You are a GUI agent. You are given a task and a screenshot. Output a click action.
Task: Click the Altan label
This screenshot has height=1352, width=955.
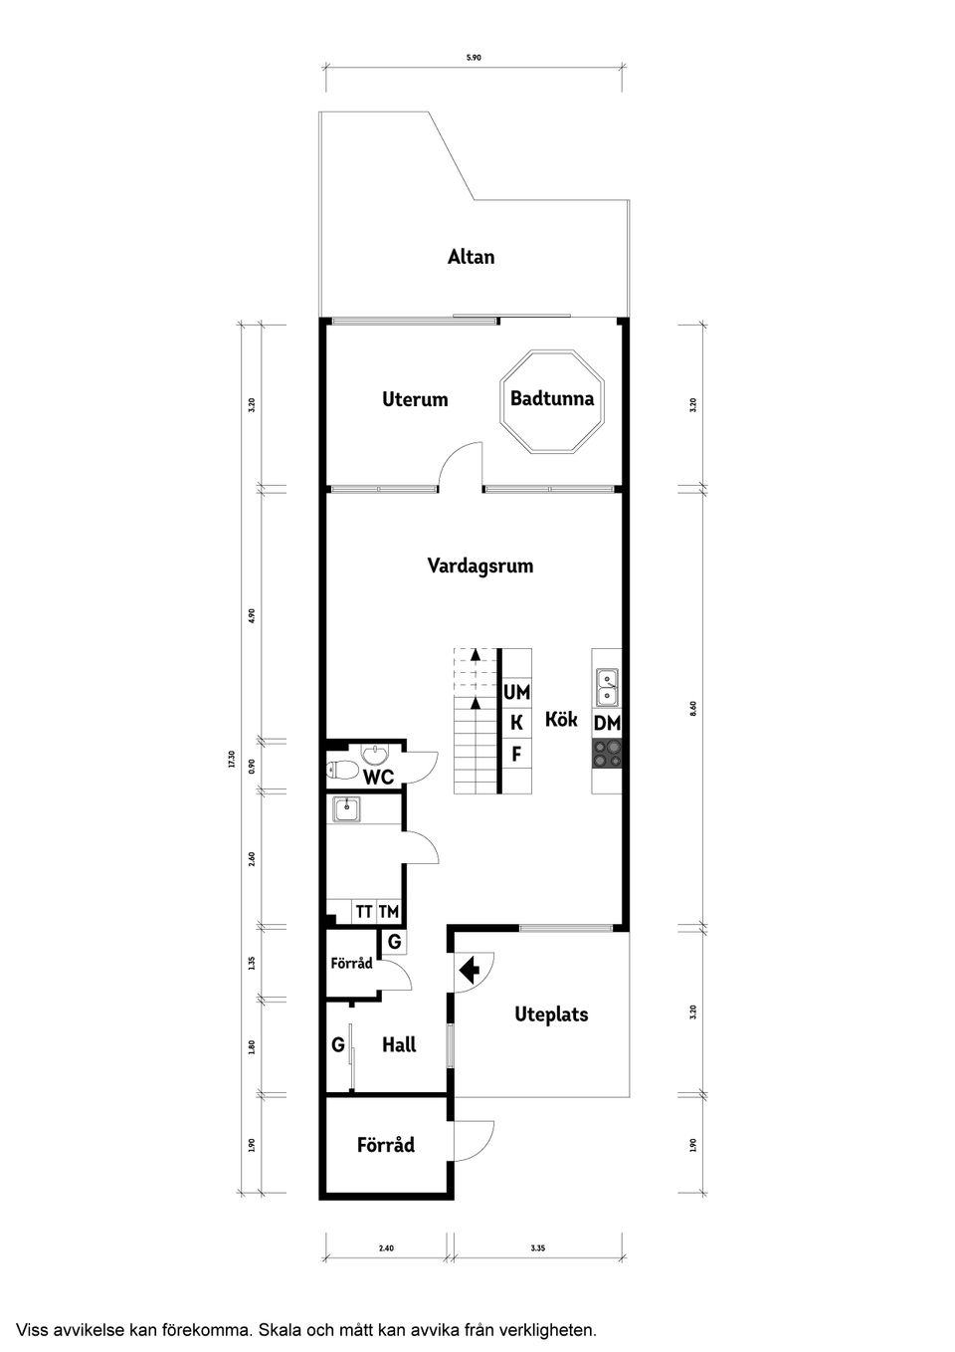point(471,257)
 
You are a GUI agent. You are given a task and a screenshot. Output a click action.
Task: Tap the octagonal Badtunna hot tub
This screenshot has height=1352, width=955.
point(551,401)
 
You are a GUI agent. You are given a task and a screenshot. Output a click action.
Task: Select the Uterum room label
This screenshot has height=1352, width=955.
point(415,399)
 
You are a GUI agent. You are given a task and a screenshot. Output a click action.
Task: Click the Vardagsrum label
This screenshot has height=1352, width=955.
point(479,565)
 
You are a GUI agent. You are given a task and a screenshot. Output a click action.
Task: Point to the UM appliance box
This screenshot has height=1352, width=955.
point(516,692)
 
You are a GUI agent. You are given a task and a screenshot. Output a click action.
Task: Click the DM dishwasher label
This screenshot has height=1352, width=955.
point(607,724)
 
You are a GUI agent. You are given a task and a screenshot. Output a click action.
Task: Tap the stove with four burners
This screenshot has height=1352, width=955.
point(607,754)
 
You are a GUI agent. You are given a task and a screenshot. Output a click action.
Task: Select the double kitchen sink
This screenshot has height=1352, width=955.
point(607,687)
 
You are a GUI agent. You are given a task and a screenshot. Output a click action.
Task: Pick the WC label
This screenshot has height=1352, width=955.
point(378,777)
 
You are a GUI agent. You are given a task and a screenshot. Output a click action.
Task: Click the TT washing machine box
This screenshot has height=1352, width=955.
point(364,911)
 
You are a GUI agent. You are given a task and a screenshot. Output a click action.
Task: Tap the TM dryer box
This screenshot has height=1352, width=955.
point(388,911)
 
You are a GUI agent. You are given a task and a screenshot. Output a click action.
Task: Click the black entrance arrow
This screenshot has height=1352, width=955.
point(469,968)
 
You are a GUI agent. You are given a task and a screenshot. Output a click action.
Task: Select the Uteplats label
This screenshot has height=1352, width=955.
point(551,1014)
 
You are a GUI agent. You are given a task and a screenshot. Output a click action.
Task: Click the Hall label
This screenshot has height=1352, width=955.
point(399,1045)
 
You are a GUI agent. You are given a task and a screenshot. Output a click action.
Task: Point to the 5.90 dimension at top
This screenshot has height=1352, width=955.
point(474,58)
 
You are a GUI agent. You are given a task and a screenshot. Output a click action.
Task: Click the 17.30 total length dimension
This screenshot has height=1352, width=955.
point(231,761)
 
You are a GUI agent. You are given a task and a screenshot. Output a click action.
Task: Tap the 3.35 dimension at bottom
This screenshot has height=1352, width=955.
point(538,1246)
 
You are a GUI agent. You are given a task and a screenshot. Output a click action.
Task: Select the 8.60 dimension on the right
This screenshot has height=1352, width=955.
point(693,709)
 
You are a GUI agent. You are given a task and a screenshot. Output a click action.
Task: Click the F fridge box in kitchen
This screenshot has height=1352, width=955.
point(516,754)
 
